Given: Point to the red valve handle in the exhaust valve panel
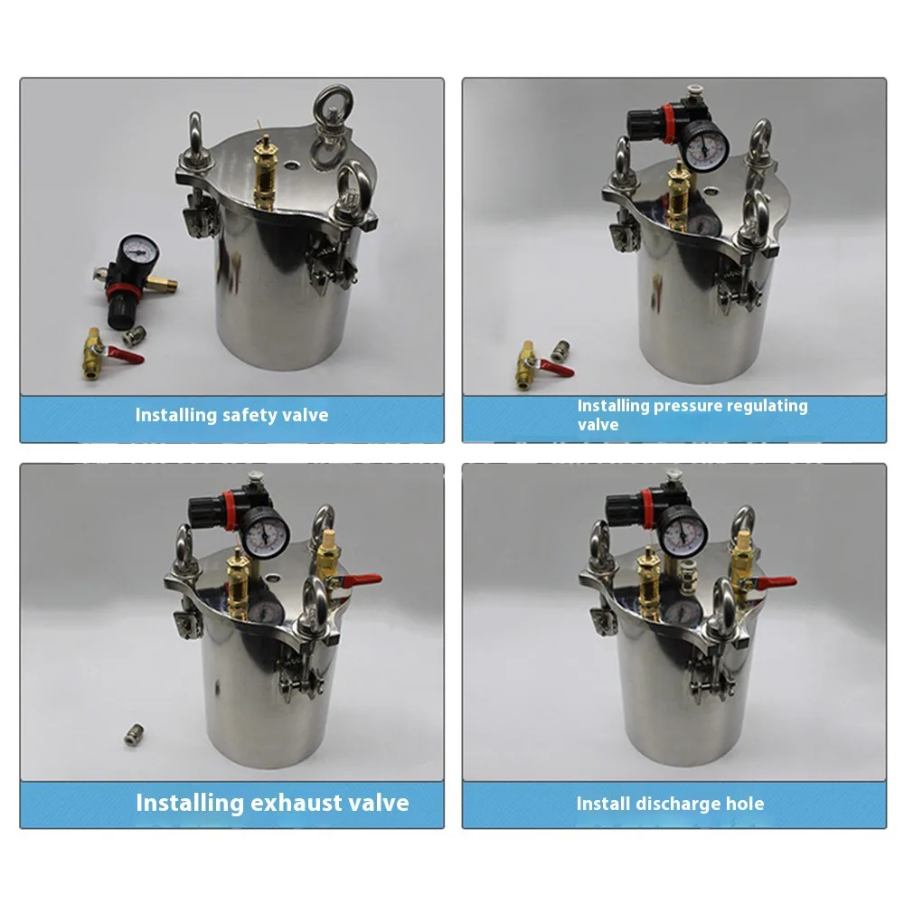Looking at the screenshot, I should pos(361,580).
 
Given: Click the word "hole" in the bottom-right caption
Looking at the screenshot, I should pos(740,804).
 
